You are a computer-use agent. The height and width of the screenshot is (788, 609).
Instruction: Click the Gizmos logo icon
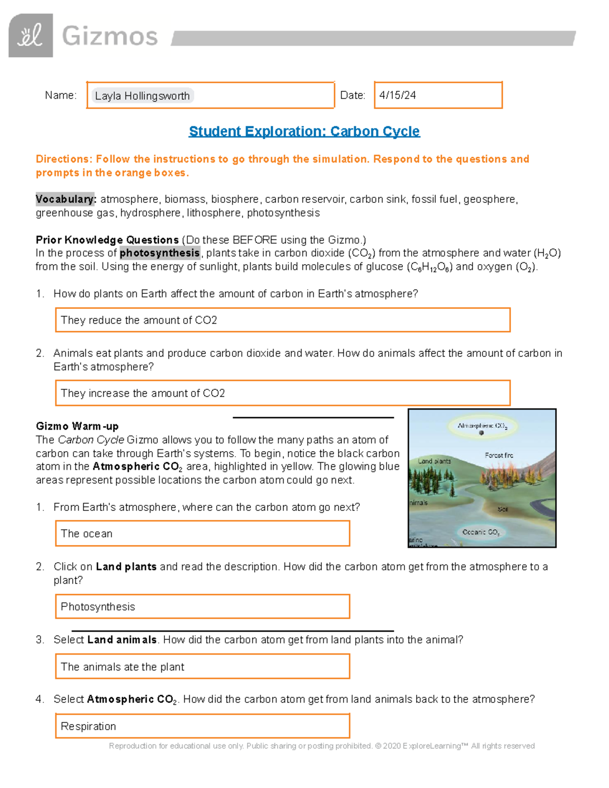pos(31,36)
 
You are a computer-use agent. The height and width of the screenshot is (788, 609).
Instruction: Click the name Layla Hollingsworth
pos(142,96)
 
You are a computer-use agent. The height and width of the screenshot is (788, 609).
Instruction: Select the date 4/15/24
pos(397,95)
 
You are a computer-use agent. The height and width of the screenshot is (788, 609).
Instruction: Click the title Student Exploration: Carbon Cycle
pos(304,131)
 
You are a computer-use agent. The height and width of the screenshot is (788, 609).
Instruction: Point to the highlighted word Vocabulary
pos(65,199)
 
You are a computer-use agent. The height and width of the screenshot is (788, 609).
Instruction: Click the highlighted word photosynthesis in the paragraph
pos(160,253)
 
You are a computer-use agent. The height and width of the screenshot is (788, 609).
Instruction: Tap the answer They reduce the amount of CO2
pos(139,320)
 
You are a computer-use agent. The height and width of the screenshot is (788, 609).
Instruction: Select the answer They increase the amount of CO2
pos(143,393)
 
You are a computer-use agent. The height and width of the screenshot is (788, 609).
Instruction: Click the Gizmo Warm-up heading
pos(77,426)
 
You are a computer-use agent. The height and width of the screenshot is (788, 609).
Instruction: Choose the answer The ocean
pos(87,534)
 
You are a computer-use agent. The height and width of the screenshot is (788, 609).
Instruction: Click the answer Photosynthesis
pos(98,607)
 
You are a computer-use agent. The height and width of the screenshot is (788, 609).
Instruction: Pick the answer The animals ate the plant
pos(122,667)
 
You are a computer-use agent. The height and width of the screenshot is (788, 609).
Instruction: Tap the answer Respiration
pos(88,726)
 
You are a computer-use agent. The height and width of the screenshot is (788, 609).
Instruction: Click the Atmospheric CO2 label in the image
pos(482,426)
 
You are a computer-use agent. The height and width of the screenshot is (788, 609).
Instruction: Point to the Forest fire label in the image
pos(498,455)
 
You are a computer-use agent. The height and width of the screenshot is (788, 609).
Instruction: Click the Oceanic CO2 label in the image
pos(481,532)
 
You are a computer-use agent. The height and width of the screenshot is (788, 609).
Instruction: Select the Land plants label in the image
pos(434,461)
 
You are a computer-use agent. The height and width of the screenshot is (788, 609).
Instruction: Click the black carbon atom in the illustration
pos(482,433)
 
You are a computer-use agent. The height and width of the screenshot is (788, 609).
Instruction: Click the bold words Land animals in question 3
pos(122,640)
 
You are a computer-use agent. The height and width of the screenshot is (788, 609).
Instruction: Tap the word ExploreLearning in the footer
pos(432,746)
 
